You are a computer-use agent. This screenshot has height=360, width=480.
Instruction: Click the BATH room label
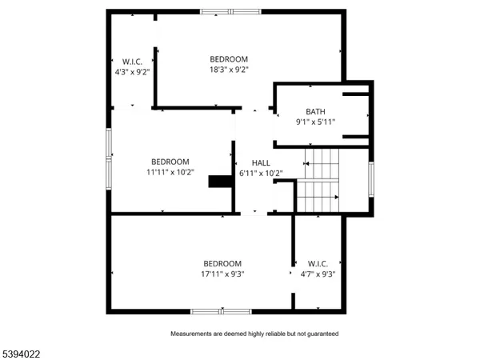[x=315, y=112]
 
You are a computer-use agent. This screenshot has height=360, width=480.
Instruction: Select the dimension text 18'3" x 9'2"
[x=229, y=70]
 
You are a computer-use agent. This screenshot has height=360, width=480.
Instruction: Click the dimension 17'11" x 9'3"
[x=222, y=274]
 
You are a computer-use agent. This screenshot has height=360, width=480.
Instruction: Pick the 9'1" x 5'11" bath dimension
[x=315, y=122]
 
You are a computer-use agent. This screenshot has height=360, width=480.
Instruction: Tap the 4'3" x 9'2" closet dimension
[x=132, y=71]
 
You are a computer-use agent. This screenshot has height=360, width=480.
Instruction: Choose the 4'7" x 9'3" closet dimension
[x=318, y=274]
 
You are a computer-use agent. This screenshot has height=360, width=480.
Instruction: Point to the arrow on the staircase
[x=334, y=197]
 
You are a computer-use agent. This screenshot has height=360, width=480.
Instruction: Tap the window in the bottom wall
[x=221, y=310]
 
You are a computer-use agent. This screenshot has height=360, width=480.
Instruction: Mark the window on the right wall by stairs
[x=370, y=179]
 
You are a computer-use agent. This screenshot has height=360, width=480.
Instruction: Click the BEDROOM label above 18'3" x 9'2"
[x=229, y=59]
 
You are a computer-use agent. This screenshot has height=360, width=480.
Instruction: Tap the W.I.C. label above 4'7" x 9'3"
[x=318, y=264]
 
